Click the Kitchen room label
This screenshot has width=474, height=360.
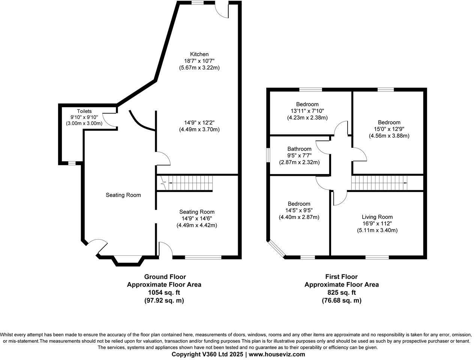point(199,54)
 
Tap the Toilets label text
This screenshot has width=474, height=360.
point(84,111)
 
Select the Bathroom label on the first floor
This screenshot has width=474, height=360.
point(299,149)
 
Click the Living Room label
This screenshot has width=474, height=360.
point(377,217)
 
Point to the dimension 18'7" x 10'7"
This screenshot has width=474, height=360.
point(199,61)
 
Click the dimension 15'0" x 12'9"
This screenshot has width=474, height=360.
point(389,129)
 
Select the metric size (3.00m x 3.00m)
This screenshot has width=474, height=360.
point(84,123)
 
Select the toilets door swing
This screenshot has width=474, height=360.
point(109,120)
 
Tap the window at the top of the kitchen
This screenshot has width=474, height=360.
point(198,3)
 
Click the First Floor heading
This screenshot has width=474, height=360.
point(341,277)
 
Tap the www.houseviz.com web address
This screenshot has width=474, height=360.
point(277,354)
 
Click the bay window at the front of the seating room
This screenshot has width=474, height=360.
point(128,261)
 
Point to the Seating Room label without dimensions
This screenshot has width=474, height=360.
point(123,195)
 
